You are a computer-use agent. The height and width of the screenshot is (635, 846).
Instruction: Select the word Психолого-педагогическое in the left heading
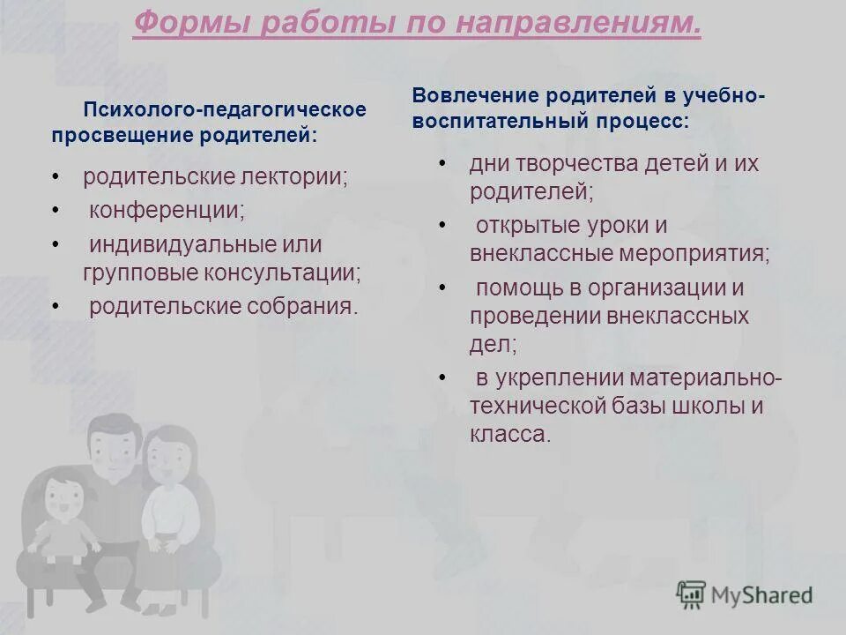click(x=225, y=110)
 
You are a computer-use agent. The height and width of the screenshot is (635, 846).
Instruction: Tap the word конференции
click(x=167, y=211)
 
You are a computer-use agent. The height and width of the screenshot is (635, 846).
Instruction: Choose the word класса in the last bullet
click(x=510, y=434)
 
